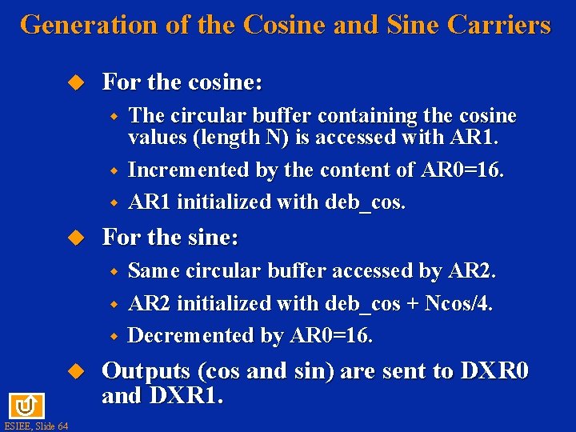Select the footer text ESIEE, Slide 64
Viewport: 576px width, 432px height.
[x=35, y=426]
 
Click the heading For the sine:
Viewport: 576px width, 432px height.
[x=170, y=238]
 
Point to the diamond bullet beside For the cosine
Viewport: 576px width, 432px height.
[x=75, y=82]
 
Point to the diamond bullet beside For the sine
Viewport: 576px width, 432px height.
[x=75, y=238]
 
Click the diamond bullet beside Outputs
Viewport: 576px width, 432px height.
[x=75, y=371]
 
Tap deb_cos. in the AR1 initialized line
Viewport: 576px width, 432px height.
[x=366, y=202]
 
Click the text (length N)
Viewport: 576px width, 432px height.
[x=242, y=138]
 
